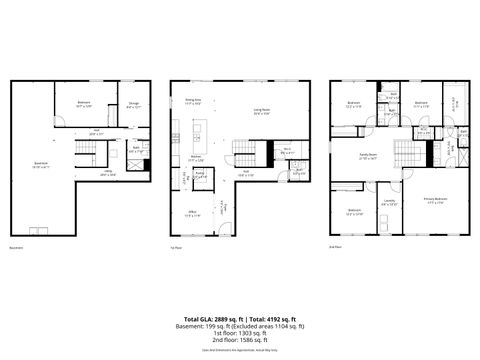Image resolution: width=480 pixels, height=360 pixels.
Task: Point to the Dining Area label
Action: point(193,101)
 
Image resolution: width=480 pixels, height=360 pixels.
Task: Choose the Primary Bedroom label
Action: point(433,201)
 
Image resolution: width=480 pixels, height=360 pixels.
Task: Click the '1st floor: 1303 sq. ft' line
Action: point(240,333)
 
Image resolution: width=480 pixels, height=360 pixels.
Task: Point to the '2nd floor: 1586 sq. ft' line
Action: point(240,341)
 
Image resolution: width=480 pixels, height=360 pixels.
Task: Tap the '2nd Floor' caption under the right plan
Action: point(335,246)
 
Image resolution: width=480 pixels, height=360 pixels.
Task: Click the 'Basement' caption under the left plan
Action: point(16,246)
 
